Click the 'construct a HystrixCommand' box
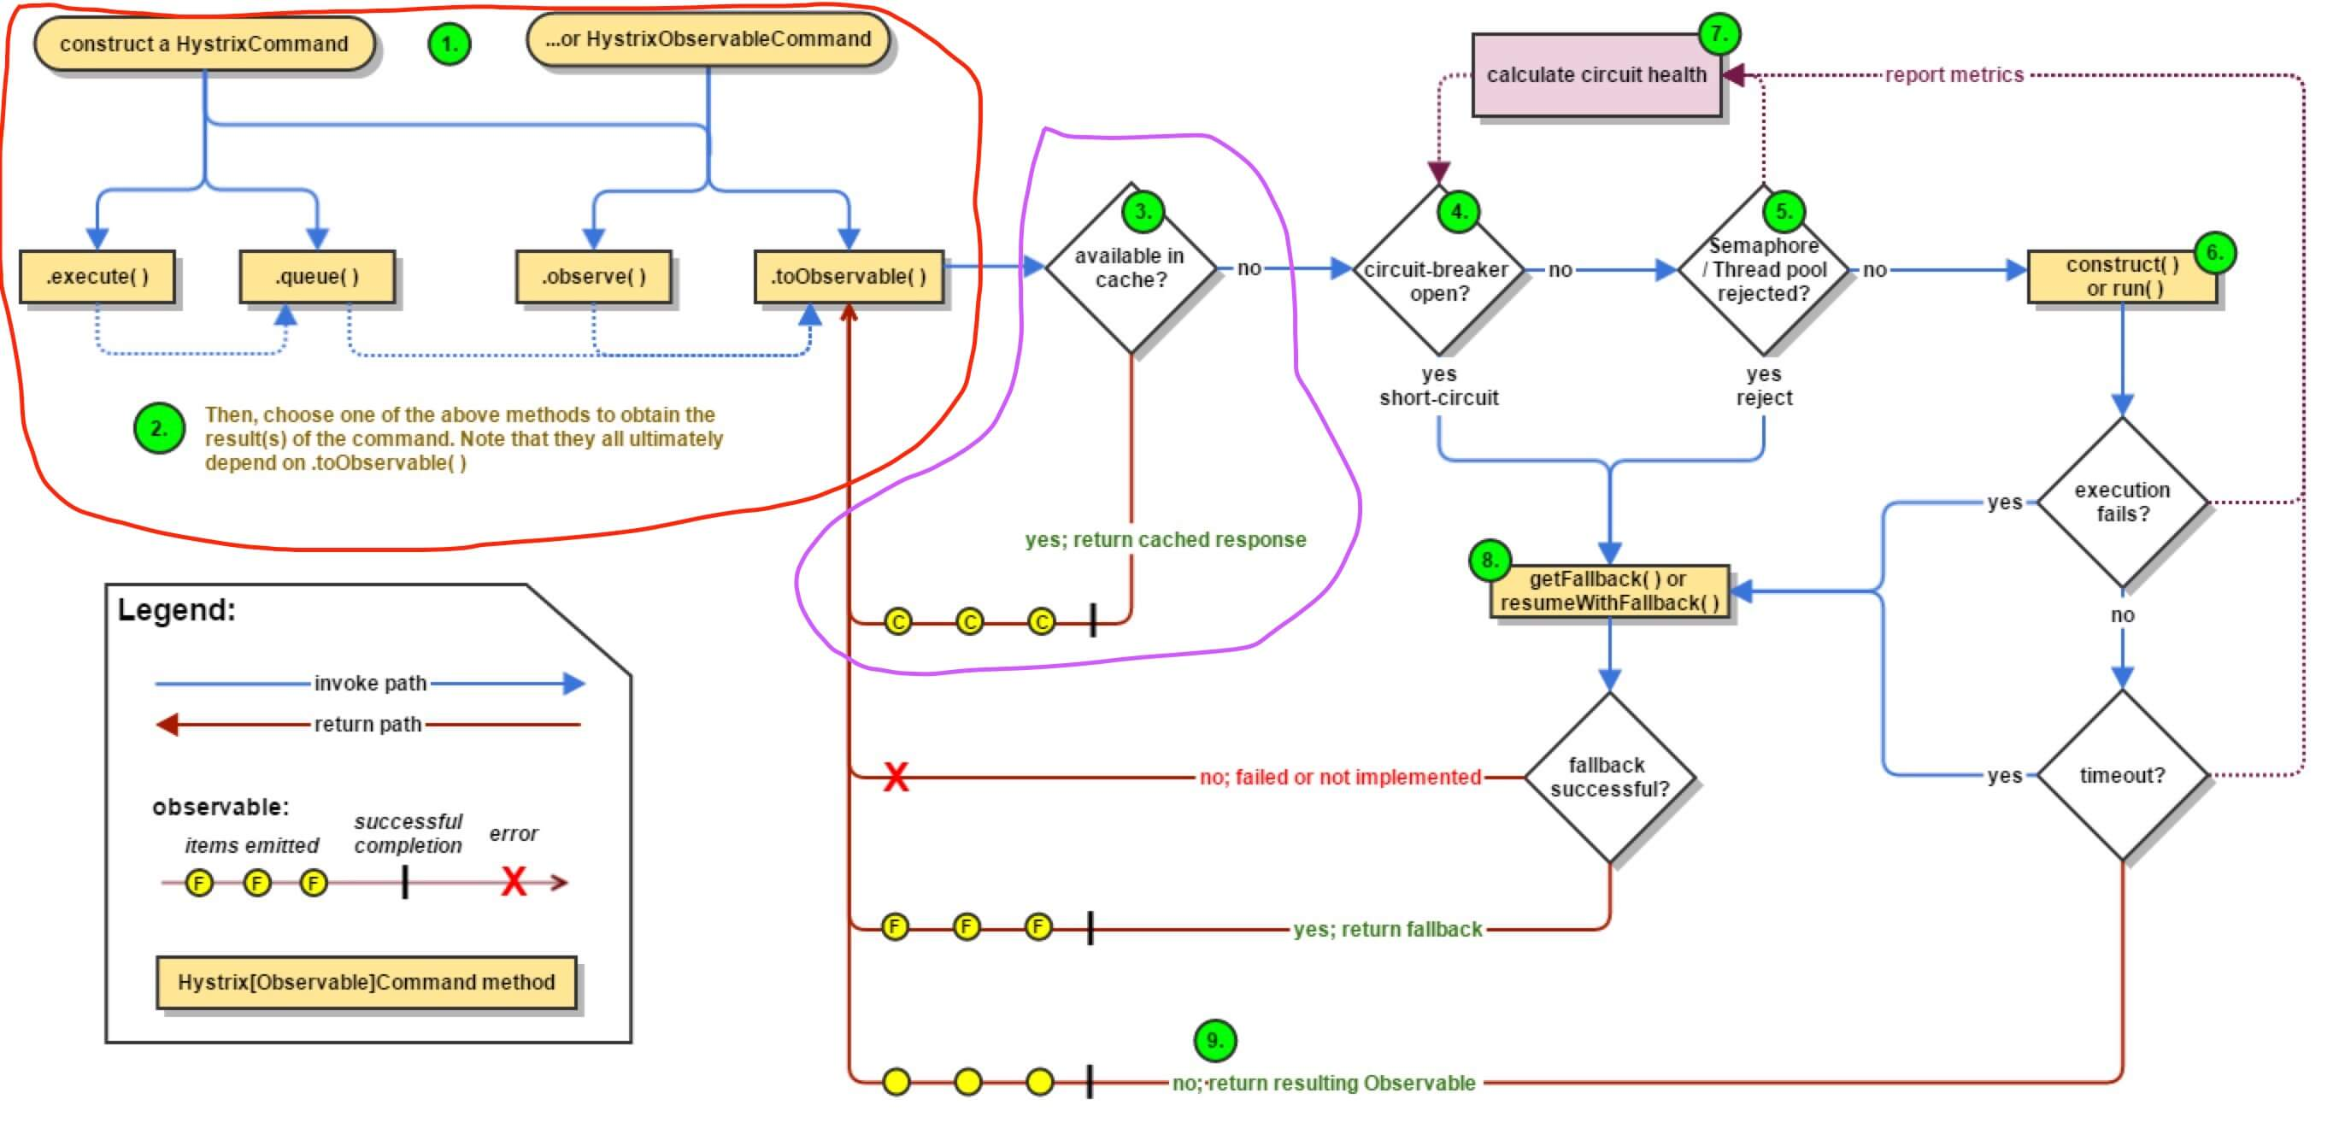204,44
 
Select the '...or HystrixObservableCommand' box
708,39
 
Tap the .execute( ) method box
97,277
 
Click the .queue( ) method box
317,277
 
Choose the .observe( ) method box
594,277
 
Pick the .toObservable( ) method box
849,277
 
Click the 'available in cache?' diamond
1131,268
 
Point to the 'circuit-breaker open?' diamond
1438,270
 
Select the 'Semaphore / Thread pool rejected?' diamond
1763,270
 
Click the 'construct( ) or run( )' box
2122,277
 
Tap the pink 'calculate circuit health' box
1596,75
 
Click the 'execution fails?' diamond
2122,502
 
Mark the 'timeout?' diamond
2122,776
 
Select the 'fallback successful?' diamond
1609,778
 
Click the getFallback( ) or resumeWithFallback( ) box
1609,592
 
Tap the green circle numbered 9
1214,1040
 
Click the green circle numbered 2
159,428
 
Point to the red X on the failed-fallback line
896,778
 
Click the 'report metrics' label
1954,75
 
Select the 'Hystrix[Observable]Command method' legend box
366,983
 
